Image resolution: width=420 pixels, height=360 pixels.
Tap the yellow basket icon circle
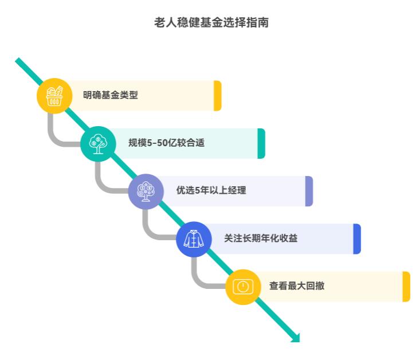(x=54, y=96)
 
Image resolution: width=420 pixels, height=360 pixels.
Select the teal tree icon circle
(x=98, y=143)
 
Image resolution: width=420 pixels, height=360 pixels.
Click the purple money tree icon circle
(x=146, y=191)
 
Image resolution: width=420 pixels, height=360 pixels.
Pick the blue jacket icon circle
(x=194, y=238)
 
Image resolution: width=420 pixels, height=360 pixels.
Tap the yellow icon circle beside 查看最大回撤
(x=243, y=287)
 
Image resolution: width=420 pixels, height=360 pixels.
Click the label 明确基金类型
(x=111, y=96)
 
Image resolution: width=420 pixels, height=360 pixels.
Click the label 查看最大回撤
(x=297, y=286)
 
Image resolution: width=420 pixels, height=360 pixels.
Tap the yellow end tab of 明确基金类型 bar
(x=218, y=96)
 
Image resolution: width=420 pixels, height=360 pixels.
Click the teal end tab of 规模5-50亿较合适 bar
(x=261, y=143)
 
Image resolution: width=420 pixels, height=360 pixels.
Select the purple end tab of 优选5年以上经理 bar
(x=309, y=191)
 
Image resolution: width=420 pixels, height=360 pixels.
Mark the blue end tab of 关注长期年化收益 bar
(x=357, y=238)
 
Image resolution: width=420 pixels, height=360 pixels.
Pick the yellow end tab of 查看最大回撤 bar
(x=406, y=286)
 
